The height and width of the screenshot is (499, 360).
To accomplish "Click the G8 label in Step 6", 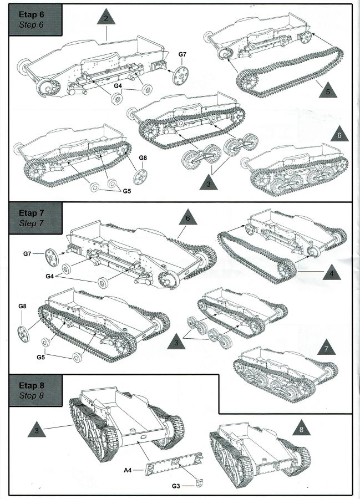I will coord(143,158).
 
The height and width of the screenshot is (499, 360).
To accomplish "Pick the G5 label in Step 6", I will coord(127,191).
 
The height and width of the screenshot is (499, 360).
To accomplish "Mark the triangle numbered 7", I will coord(327,348).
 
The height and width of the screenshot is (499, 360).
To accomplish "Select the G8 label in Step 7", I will coord(22,306).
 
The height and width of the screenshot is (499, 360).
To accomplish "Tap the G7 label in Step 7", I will coord(28,254).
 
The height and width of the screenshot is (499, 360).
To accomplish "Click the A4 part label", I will coord(128,469).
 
